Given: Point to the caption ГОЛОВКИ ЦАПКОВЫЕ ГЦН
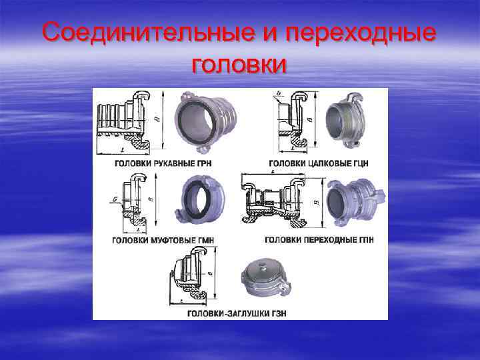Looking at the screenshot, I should [x=319, y=163].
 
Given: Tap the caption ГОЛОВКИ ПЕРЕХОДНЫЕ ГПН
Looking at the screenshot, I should [x=319, y=239].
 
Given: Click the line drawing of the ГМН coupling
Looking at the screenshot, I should [x=130, y=200].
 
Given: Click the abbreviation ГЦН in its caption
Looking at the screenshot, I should [x=358, y=163].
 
